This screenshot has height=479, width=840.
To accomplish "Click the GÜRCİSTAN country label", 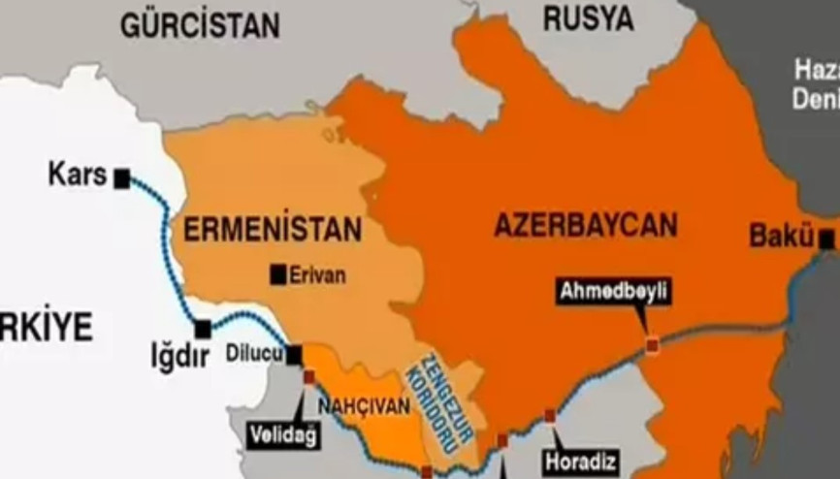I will [200, 25].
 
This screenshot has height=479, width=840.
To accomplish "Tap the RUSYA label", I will [588, 17].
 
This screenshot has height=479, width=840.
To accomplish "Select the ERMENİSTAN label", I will [273, 230].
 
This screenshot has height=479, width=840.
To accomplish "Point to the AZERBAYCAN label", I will [586, 225].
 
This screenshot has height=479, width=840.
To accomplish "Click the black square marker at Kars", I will [122, 178].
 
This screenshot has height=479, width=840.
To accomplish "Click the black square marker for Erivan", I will [278, 275].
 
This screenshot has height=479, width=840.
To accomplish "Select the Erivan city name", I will [317, 275].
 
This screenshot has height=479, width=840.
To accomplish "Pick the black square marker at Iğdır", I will [203, 330].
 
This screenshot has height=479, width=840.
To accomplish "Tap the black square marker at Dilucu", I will [294, 356].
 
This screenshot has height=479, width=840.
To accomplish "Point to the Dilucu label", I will [254, 355].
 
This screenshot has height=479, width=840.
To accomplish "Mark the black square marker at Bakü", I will [825, 238].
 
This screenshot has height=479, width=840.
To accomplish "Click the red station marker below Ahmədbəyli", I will [653, 343].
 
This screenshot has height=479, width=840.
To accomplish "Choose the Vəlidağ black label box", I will [283, 435].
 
